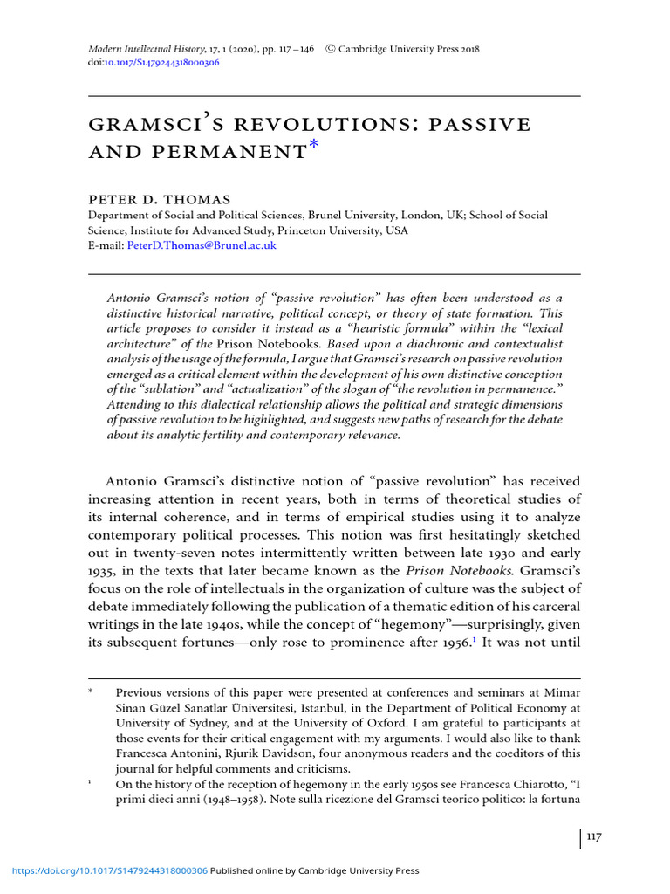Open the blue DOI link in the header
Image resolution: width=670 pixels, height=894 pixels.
162,64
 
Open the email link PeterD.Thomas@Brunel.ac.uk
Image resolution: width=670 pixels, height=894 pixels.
202,246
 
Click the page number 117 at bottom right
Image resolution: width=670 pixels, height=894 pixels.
593,837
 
